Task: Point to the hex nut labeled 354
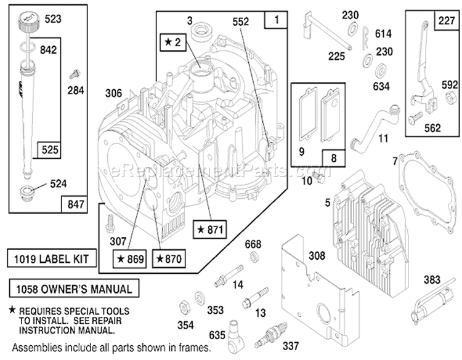184,308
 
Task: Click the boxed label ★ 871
210,229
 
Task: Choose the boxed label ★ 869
129,258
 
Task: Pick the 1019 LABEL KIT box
52,258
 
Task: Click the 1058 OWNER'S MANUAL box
74,288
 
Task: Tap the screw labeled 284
74,74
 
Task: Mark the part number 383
432,279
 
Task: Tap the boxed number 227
447,20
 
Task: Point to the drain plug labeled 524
27,193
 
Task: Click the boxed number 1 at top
276,20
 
